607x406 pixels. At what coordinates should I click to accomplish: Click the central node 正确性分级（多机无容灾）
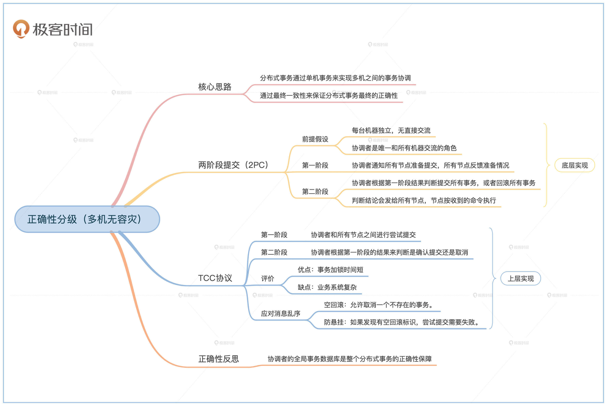click(87, 219)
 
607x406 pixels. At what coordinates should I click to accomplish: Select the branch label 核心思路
click(215, 87)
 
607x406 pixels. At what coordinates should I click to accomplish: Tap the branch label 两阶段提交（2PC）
click(233, 165)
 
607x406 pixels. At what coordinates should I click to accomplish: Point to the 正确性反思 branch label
click(218, 359)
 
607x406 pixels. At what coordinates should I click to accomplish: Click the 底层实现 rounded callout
click(574, 165)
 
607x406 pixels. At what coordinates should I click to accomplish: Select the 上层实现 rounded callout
click(521, 279)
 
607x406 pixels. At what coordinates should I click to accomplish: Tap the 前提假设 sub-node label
click(315, 139)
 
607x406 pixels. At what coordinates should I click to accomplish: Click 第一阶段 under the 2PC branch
click(315, 165)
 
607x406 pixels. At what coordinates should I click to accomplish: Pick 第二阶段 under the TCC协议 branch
click(274, 252)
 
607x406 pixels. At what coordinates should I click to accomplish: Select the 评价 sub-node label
click(267, 279)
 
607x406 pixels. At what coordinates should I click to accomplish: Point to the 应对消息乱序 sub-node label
click(281, 313)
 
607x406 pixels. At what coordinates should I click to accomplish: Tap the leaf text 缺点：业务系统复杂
click(327, 287)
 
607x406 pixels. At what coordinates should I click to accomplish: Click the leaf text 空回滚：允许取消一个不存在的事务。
click(379, 305)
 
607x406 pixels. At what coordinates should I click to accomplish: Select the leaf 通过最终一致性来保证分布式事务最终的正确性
click(329, 95)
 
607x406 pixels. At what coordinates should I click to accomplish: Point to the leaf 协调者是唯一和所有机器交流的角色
click(404, 148)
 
